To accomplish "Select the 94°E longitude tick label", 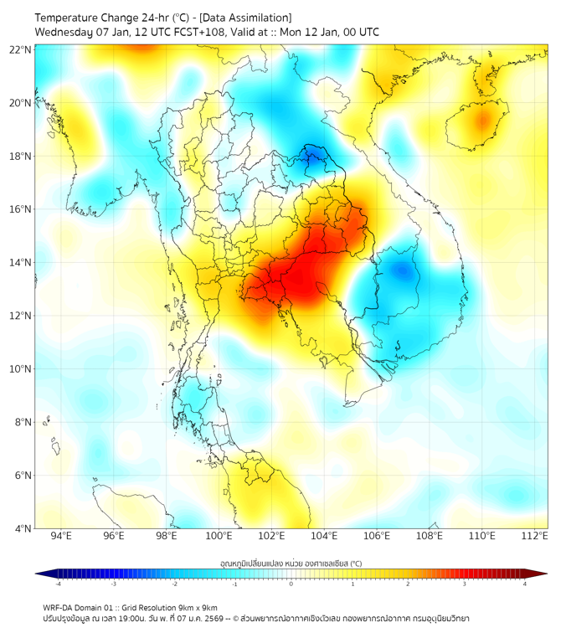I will [x=61, y=537].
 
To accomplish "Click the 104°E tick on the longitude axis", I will [x=324, y=537].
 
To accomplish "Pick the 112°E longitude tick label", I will [x=534, y=537].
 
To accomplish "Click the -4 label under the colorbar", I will [x=57, y=584].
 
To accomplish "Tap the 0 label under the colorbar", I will [x=291, y=584].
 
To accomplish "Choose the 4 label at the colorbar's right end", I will [x=525, y=584].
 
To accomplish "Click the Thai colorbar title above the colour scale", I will [x=291, y=563].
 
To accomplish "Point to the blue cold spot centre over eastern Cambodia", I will [x=404, y=270].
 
